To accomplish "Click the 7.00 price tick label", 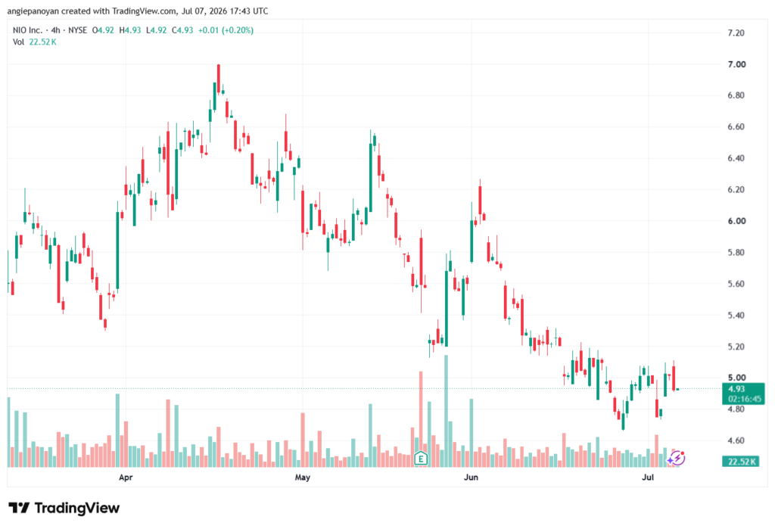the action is (736, 64).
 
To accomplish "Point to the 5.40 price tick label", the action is (736, 316).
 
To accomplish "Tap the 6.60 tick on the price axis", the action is (736, 127).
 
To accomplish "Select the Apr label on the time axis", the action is (126, 477).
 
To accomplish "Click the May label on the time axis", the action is (303, 477).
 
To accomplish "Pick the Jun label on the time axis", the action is (471, 477).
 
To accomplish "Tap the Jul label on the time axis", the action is (648, 477).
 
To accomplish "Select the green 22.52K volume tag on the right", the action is (740, 462).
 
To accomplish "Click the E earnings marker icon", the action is (421, 459).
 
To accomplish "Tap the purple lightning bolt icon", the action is (677, 459).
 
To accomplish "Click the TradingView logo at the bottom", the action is (64, 508).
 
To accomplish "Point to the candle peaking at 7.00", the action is (219, 79).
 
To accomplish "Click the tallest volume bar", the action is (447, 411).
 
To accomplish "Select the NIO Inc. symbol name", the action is (28, 30).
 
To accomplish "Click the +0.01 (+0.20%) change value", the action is (226, 30).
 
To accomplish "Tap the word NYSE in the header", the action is (78, 30).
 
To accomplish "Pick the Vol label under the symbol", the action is (18, 42).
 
